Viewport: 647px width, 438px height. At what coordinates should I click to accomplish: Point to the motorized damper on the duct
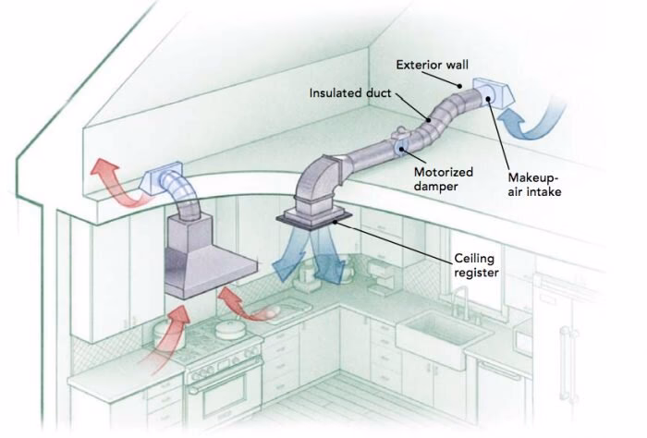[x=399, y=146]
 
